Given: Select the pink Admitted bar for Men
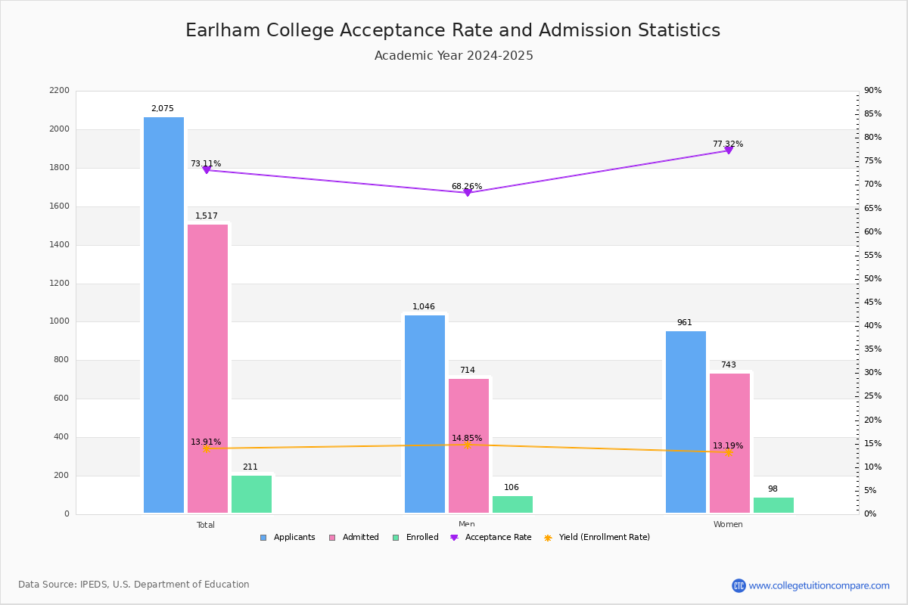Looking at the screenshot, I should click(468, 445).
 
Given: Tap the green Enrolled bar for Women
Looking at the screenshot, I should click(773, 505).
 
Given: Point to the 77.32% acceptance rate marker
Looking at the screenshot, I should click(729, 150).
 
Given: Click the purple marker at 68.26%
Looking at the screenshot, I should click(467, 193).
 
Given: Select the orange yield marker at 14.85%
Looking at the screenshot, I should click(467, 445).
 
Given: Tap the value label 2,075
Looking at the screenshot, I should click(163, 109).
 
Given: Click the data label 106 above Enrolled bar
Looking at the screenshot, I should click(512, 488).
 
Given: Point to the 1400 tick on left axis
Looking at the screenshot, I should click(60, 245).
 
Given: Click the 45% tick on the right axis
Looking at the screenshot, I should click(872, 302).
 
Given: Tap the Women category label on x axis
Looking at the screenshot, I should click(728, 525).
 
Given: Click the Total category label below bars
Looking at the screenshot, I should click(206, 525).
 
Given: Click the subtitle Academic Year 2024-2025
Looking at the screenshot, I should click(453, 56).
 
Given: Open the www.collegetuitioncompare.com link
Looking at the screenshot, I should click(819, 585).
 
